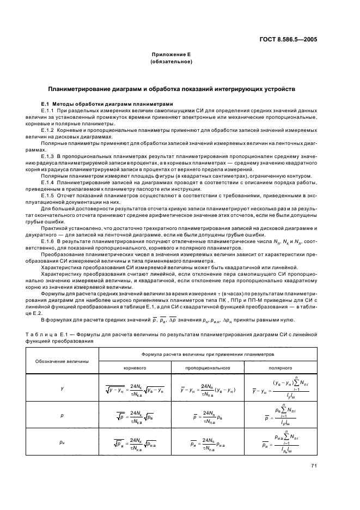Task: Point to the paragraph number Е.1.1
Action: coord(49,111)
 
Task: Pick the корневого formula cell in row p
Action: coord(131,415)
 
